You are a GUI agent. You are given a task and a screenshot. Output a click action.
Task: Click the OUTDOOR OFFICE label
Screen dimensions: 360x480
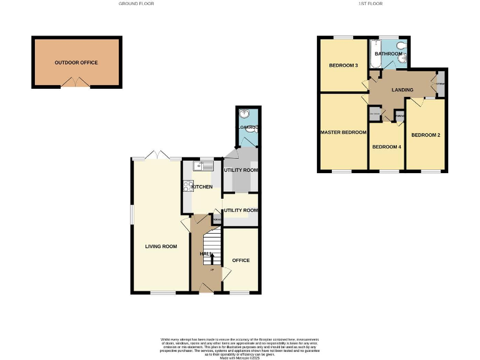(76, 62)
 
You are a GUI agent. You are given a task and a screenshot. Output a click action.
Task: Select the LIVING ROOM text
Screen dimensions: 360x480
(161, 246)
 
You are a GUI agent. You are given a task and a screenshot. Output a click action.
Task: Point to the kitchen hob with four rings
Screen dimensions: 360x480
(187, 186)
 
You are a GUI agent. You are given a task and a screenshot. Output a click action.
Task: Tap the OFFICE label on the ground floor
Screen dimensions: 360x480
(241, 260)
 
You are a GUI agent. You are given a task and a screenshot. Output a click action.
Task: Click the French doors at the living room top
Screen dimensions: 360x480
(156, 155)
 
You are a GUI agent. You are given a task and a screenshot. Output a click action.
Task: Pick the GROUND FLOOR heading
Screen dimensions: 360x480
(136, 4)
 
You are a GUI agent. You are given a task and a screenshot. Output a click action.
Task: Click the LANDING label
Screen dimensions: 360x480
(402, 90)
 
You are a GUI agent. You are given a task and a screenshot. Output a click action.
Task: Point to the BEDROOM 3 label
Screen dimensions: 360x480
(343, 65)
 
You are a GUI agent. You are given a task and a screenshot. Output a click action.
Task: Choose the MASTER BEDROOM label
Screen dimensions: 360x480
(343, 132)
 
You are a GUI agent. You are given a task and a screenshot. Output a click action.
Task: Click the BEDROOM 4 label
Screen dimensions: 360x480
(386, 147)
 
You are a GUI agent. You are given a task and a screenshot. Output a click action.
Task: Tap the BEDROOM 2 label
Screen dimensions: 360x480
(426, 135)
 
